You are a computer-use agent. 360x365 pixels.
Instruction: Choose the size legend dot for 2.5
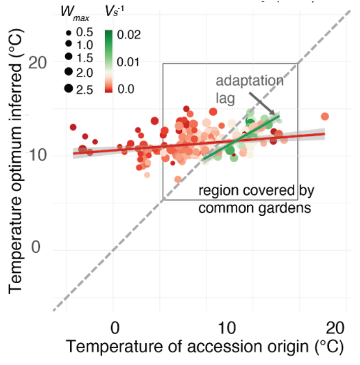(68, 89)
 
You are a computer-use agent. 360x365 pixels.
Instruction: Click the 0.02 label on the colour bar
(126, 35)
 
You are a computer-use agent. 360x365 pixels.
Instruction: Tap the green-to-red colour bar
(108, 61)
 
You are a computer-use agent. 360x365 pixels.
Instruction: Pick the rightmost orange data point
(325, 117)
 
